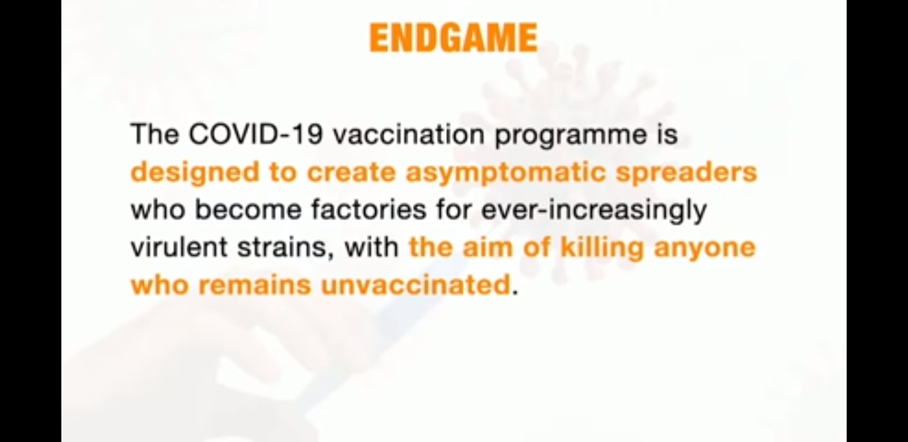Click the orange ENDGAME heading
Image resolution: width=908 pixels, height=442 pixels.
[x=453, y=37]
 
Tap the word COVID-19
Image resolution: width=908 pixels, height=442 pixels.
[x=256, y=134]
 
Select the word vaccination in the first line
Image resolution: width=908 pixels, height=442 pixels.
[x=409, y=134]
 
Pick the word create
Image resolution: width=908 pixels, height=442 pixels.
[x=351, y=172]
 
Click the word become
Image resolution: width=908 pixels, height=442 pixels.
[x=248, y=209]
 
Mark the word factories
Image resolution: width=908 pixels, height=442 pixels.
[x=369, y=209]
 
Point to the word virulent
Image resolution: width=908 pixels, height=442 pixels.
[x=179, y=247]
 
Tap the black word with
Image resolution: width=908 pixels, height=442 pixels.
[x=372, y=247]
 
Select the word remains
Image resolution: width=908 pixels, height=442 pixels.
[x=255, y=285]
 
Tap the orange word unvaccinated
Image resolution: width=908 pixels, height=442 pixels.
[x=415, y=285]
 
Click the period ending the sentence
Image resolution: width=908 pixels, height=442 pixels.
[x=515, y=293]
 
